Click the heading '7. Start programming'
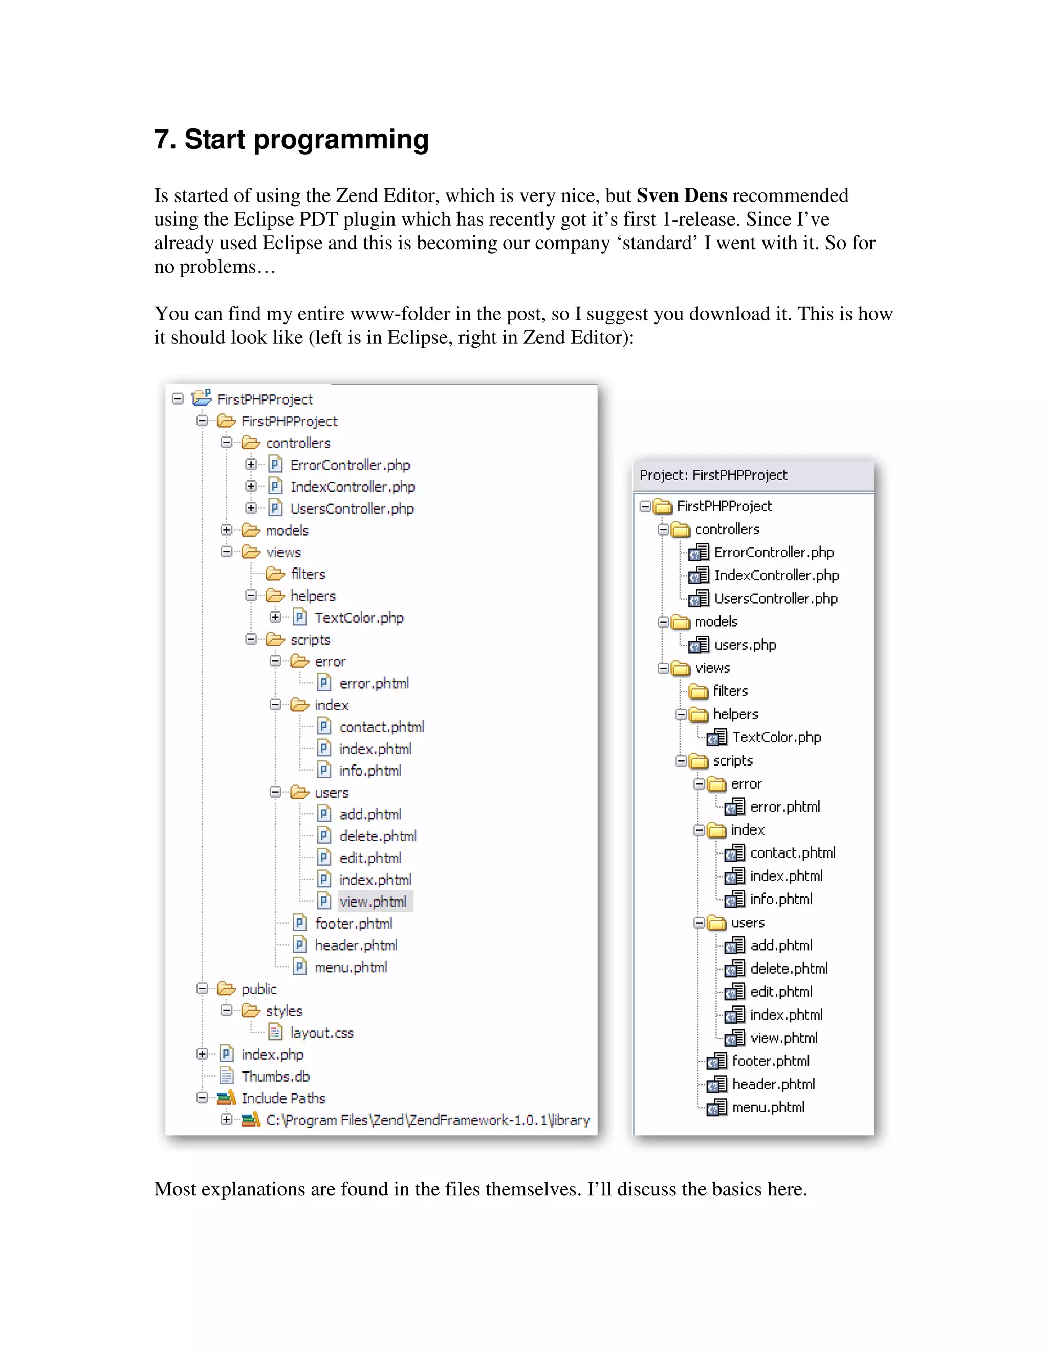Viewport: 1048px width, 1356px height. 291,139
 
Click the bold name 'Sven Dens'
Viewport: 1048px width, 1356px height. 681,195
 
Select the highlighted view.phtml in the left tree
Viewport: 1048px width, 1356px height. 373,902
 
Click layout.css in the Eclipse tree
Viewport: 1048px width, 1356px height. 321,1033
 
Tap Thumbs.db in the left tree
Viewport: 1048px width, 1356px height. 275,1076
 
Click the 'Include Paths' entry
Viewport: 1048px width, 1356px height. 283,1098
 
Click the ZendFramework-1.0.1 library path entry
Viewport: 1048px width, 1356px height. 427,1120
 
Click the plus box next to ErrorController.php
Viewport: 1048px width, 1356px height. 251,465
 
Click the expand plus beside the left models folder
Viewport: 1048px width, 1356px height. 227,530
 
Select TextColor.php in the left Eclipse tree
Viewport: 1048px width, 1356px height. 359,618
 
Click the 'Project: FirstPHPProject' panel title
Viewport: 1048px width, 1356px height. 713,475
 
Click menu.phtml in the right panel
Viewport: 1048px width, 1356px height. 768,1107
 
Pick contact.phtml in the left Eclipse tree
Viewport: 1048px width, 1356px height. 381,727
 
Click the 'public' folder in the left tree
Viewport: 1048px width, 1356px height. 259,989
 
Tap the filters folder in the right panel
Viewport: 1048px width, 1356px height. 730,691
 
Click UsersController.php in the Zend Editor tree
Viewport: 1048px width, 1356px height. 775,599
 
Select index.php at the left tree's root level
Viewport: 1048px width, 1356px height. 272,1054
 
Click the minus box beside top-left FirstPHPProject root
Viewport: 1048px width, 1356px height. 178,399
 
